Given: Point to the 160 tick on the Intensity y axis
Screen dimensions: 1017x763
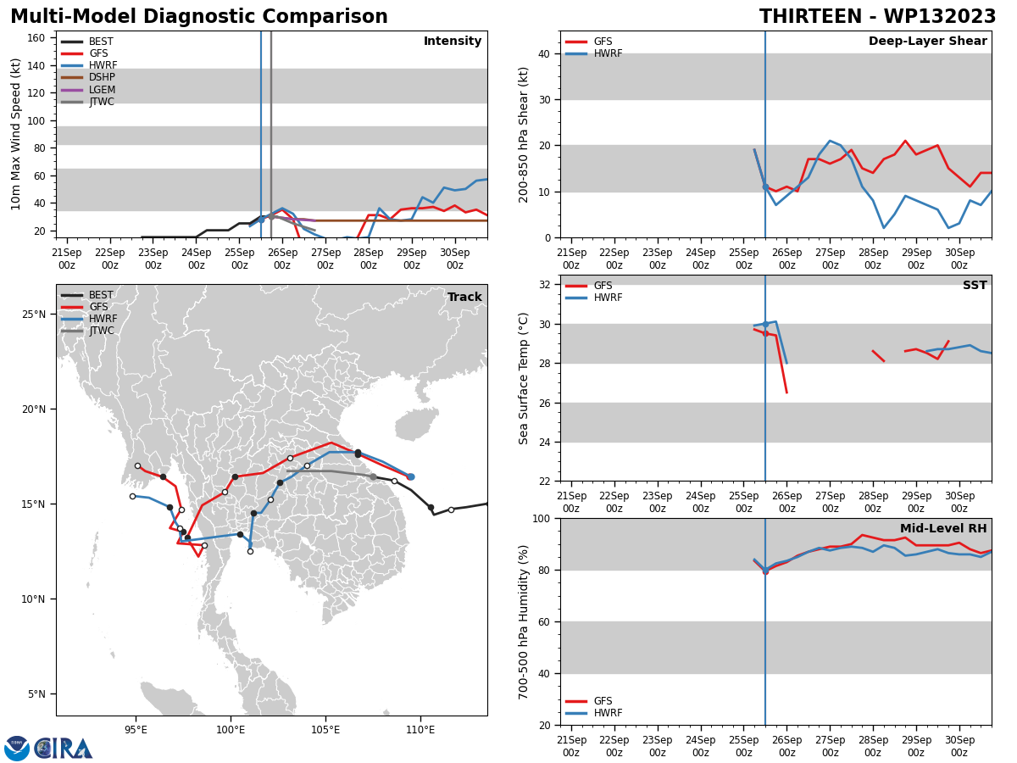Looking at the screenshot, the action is click(36, 38).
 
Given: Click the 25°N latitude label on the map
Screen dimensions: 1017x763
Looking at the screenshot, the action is click(34, 314).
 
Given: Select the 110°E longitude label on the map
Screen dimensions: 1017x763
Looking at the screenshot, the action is click(420, 730).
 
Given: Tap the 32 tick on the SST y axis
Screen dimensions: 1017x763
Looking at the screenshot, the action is click(545, 285).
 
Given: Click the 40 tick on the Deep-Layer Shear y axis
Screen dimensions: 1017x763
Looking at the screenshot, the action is click(545, 53).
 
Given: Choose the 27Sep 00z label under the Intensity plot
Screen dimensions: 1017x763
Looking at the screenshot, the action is click(325, 259).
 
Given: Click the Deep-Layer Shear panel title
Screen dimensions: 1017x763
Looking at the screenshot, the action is click(927, 41).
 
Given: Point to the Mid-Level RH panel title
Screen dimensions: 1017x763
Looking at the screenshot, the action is click(943, 528).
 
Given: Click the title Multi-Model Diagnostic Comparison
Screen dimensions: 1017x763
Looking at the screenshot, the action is click(199, 17).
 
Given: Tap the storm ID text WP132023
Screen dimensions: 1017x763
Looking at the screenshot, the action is click(940, 17).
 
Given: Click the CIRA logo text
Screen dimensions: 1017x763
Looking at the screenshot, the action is click(64, 749).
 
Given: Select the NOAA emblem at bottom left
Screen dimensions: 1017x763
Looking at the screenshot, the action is click(17, 749).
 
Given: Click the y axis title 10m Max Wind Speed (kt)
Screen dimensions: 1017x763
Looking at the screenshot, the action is click(15, 134).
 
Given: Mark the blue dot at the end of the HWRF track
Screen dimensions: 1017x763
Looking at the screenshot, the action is click(410, 476).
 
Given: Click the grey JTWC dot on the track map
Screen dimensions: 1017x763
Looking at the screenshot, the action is click(374, 476).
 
